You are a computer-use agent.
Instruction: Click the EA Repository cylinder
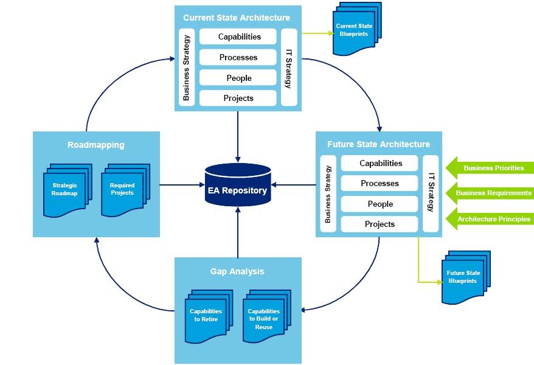coord(237,185)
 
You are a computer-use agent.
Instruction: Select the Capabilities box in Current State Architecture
coord(238,36)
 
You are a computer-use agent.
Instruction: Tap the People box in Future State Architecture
coord(380,204)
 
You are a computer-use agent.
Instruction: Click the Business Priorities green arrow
coord(490,168)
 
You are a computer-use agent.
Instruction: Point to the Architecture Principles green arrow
coord(490,219)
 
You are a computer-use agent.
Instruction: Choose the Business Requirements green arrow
coord(490,193)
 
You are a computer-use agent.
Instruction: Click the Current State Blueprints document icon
coord(356,30)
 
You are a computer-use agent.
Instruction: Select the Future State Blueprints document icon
coord(465,277)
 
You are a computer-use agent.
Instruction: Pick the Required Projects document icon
coord(123,189)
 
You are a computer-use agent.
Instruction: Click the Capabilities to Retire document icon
coord(207,316)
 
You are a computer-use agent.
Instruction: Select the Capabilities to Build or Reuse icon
coord(265,317)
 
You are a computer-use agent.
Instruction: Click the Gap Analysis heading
coord(237,271)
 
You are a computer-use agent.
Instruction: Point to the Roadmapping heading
coord(96,145)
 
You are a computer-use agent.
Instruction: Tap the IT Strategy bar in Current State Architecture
coord(290,67)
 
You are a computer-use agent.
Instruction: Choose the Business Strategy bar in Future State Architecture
coord(328,193)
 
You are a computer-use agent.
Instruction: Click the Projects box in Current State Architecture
coord(238,98)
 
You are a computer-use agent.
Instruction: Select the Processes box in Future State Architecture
coord(380,183)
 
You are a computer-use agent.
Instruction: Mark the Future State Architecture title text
coord(378,144)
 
